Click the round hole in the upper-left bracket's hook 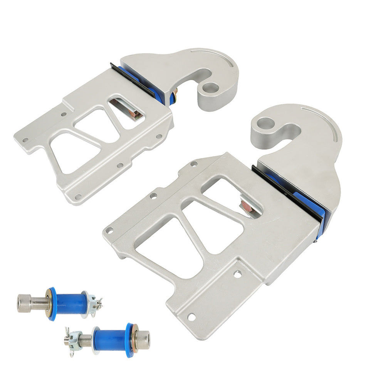pos(210,87)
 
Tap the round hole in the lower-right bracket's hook pos(266,124)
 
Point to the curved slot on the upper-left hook pos(216,54)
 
